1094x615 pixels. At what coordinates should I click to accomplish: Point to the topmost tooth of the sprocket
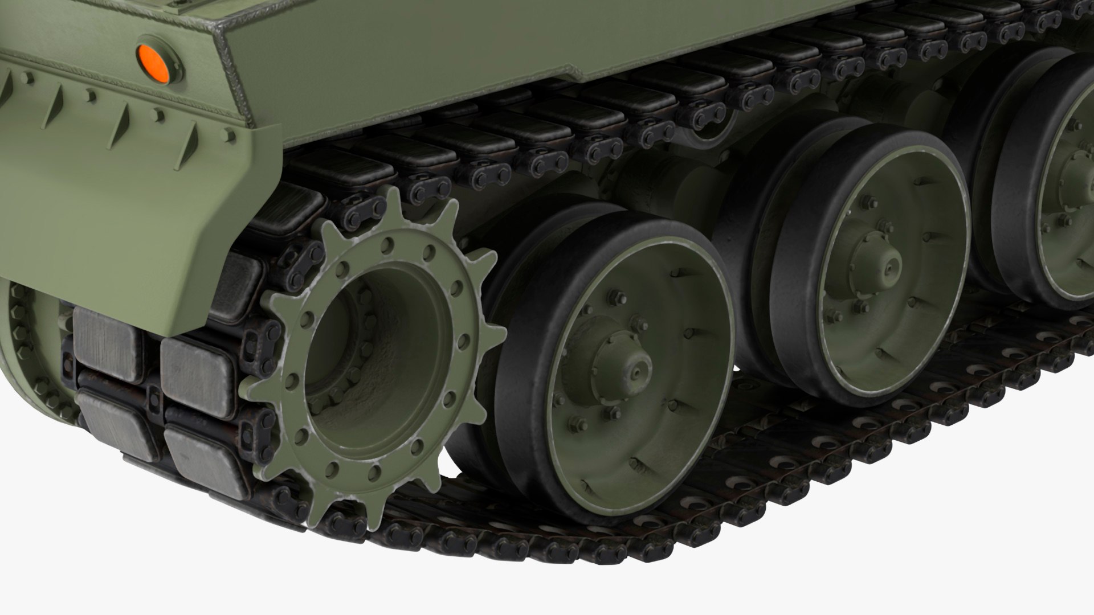click(391, 199)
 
